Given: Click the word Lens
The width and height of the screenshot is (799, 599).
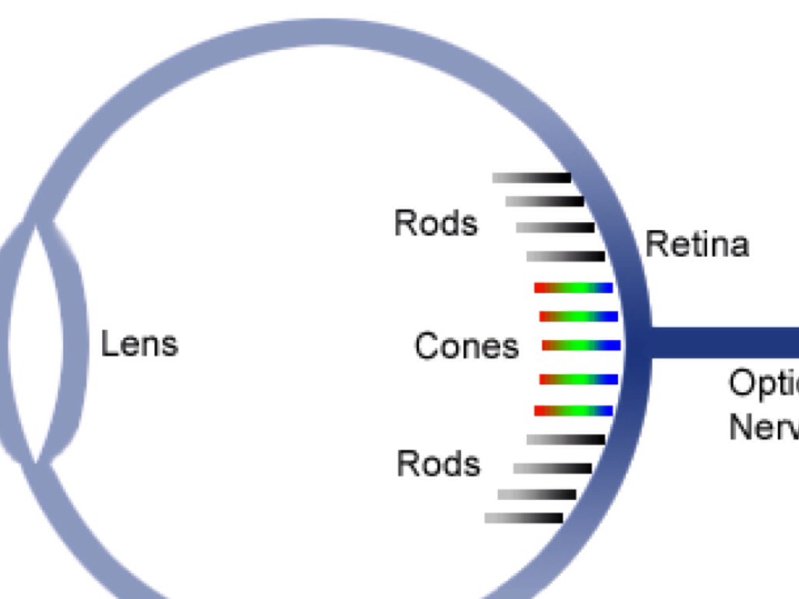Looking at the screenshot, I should pos(140,344).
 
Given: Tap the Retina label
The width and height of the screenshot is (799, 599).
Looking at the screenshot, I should pos(697,245).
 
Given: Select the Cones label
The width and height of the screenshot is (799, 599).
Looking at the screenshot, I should pos(466,346).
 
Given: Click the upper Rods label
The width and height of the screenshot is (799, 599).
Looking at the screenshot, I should pos(435,224).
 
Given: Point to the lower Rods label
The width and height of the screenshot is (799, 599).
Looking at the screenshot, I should pos(439,464).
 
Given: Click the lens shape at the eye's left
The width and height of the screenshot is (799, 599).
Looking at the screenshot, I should pos(47,343).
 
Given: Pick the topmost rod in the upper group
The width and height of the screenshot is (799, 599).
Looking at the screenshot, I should pos(531,178).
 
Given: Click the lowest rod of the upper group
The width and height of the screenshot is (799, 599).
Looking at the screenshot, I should pos(566,256).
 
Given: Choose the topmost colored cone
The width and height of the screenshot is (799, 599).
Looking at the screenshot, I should pos(574,288).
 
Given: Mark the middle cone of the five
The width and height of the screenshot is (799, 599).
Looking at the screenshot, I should pos(581,345).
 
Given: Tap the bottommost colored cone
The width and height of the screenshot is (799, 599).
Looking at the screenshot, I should pos(574,410).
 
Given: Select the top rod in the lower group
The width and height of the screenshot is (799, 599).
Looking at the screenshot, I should pos(566,440).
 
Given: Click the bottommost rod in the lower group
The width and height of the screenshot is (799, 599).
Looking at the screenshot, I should pos(524,518).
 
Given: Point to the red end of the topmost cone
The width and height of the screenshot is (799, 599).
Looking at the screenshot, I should pos(540,288).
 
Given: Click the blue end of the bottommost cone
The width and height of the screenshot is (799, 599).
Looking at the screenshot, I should pos(605,410).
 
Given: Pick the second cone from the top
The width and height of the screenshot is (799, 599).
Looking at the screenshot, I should pos(578,317).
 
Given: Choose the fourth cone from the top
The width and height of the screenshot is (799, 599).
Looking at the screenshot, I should pos(578,380).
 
